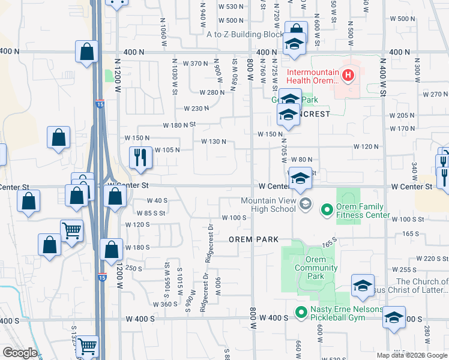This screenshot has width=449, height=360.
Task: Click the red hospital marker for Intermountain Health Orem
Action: [x=348, y=76]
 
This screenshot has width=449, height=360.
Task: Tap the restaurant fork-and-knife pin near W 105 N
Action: [x=140, y=157]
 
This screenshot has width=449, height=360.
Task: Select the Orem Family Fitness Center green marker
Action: [x=327, y=209]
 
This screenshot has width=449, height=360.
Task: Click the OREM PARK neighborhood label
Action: [x=254, y=239]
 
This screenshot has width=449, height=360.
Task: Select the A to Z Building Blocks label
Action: [x=244, y=34]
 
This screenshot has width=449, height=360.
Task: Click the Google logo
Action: [x=20, y=353]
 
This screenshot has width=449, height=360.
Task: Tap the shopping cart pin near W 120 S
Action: [x=71, y=230]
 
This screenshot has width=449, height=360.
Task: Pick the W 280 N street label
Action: [x=212, y=92]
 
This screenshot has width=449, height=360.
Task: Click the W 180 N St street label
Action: [x=180, y=125]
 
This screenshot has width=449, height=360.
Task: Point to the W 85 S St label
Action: [x=150, y=212]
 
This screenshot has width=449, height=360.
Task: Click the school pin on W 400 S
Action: [x=394, y=317]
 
